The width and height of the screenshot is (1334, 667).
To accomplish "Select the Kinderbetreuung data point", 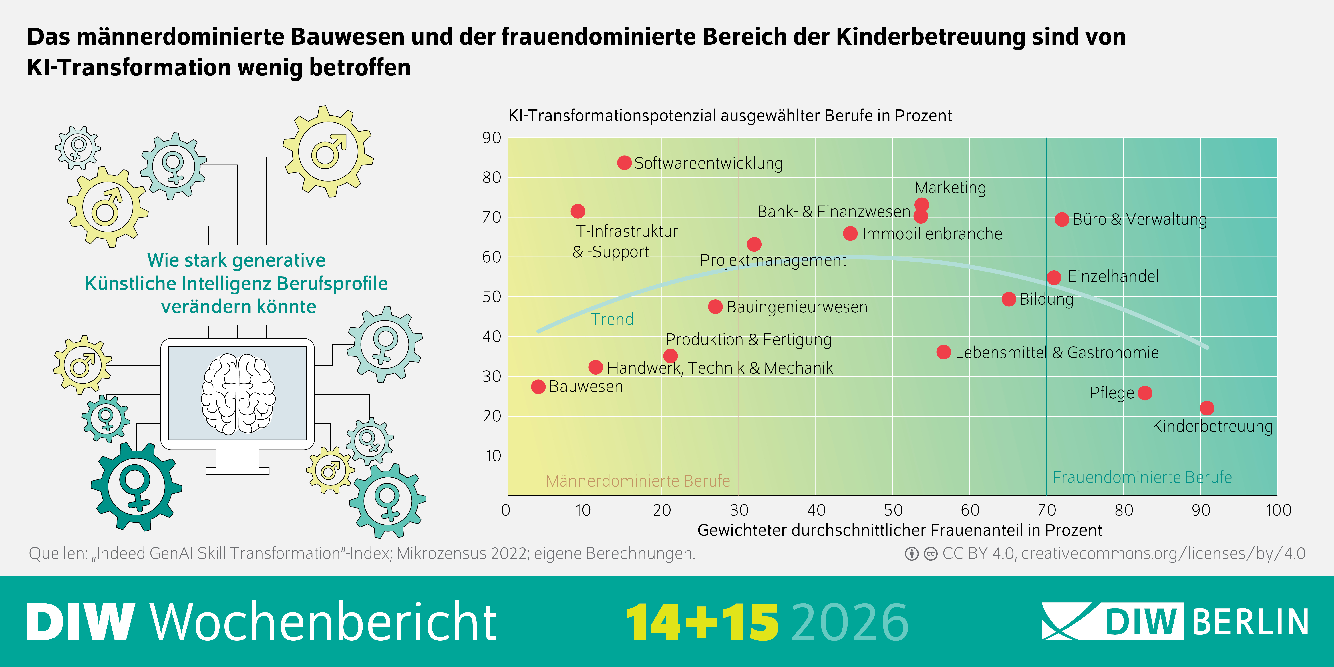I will (1207, 408).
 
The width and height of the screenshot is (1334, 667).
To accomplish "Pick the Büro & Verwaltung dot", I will (1062, 220).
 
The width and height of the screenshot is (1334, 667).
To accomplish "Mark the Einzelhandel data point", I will (1054, 278).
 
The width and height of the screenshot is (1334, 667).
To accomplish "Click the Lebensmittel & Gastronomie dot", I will (944, 352).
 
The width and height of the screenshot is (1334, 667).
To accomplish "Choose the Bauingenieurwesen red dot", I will (715, 306).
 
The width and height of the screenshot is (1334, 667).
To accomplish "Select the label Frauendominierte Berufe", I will (1142, 477).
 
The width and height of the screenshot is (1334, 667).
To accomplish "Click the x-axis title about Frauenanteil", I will (900, 530).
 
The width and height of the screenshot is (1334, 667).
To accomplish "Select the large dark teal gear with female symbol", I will (136, 487).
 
